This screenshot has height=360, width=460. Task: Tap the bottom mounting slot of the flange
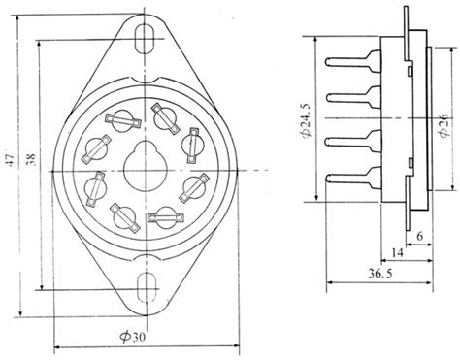(147, 286)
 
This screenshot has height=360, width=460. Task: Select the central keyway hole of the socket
(147, 160)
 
